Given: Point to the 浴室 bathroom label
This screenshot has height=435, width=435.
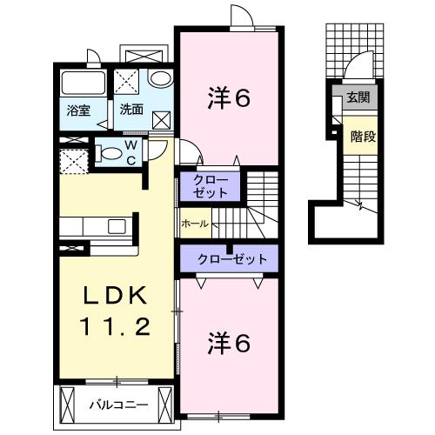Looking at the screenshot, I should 78,110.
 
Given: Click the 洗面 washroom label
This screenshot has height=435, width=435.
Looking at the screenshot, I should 131,110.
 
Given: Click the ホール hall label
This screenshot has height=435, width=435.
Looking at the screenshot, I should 194,224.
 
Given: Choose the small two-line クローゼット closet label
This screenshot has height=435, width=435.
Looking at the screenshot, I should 209,184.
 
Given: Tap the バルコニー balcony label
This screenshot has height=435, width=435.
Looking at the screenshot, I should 118,405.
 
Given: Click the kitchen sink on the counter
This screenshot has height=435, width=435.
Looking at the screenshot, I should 116,228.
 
